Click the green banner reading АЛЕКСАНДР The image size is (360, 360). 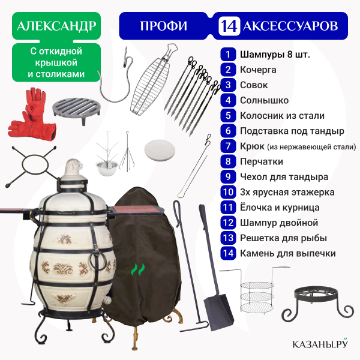click(56, 26)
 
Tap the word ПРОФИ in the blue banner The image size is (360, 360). click(163, 26)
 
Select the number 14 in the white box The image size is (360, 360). click(229, 26)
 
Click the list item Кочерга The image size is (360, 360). click(258, 70)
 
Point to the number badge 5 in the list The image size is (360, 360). click(228, 115)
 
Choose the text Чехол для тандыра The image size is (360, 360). click(284, 177)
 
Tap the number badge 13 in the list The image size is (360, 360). click(228, 238)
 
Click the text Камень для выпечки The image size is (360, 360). click(288, 253)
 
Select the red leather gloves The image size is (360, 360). click(31, 114)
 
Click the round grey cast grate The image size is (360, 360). click(76, 110)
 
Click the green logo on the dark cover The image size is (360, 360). click(138, 269)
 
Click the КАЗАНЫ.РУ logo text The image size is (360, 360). click(320, 343)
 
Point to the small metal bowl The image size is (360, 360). click(107, 167)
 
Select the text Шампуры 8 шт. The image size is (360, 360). click(275, 55)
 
